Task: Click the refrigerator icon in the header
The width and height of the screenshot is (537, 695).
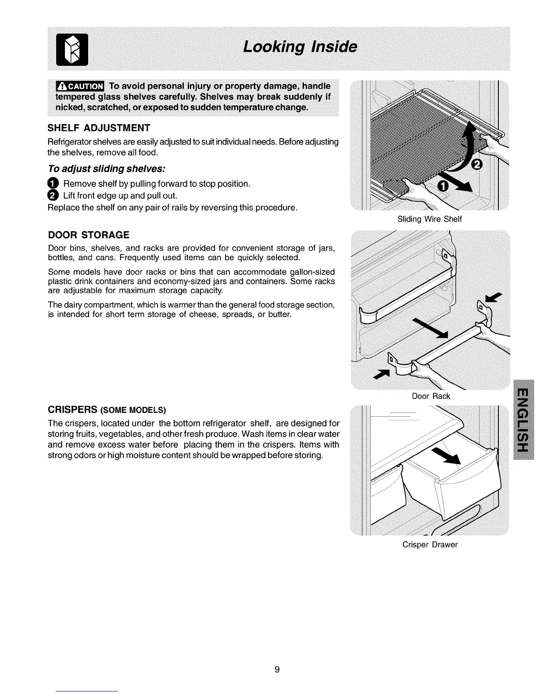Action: click(76, 49)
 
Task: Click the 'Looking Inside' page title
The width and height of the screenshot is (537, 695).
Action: click(300, 47)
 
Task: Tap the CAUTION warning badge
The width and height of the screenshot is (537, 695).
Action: click(79, 86)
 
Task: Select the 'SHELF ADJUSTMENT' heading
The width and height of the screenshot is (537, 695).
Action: click(99, 128)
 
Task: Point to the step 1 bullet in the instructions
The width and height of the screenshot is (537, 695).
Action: click(53, 183)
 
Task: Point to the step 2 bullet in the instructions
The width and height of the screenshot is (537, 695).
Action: click(53, 195)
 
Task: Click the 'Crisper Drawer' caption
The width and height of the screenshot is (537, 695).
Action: click(430, 545)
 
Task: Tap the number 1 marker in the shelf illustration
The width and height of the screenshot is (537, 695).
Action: click(444, 186)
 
